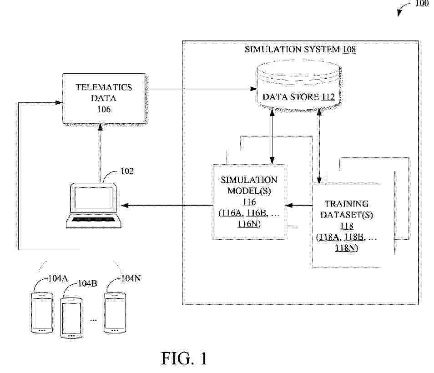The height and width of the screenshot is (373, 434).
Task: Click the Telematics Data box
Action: coord(104,98)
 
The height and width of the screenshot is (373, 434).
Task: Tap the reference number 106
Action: coord(104,109)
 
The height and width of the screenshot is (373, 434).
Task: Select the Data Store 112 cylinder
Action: coord(298,86)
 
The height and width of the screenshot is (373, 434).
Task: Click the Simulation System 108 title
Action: coord(300,49)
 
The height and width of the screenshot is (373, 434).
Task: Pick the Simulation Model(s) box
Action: coord(249,202)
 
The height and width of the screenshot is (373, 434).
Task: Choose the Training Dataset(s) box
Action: coord(347,225)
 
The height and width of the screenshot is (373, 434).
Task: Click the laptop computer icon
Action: coord(94,205)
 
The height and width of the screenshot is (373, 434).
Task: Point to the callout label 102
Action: coord(127,171)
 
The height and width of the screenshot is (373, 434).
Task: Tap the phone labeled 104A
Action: coord(41,314)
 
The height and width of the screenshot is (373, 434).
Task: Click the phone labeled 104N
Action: coord(114,314)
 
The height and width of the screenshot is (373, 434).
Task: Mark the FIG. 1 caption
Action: coord(184,358)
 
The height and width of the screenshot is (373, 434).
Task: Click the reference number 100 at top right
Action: coord(422,4)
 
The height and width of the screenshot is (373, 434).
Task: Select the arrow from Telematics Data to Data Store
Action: coord(200,89)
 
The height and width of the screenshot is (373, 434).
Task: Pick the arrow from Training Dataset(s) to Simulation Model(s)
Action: coord(298,206)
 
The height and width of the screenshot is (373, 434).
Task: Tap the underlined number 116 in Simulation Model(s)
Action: coord(249,202)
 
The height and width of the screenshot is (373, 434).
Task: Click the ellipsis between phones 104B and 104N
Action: coord(93,320)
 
